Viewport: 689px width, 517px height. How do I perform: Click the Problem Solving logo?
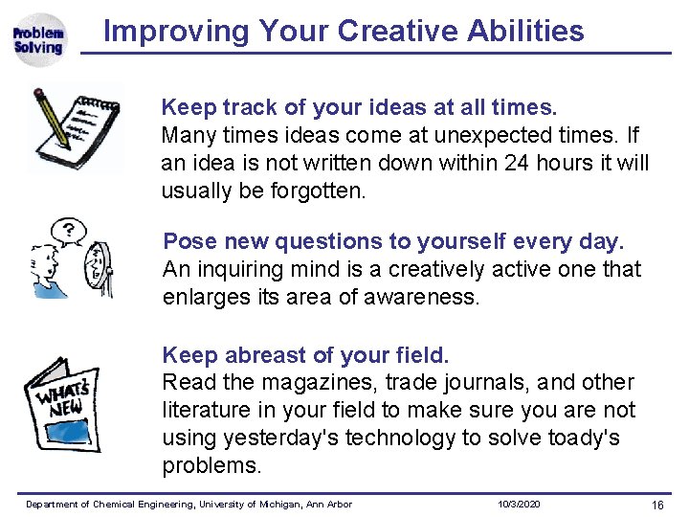click(x=38, y=39)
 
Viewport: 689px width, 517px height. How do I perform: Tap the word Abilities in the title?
click(x=526, y=31)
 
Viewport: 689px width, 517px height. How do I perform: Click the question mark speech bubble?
click(x=68, y=231)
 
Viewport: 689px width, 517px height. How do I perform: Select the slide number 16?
click(x=656, y=505)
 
